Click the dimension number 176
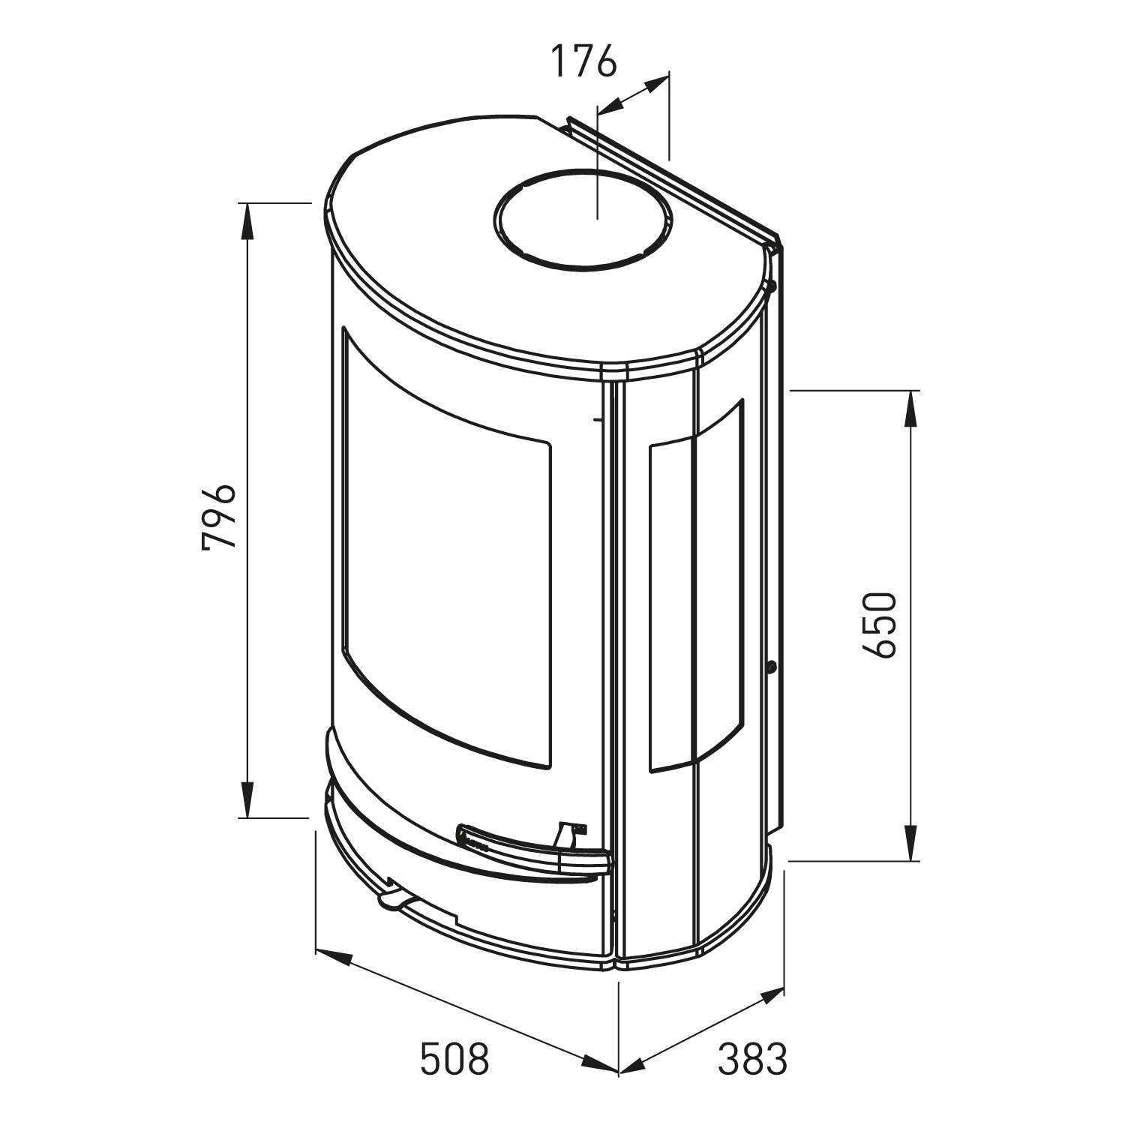(583, 61)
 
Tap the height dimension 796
(219, 517)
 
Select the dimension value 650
(879, 625)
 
